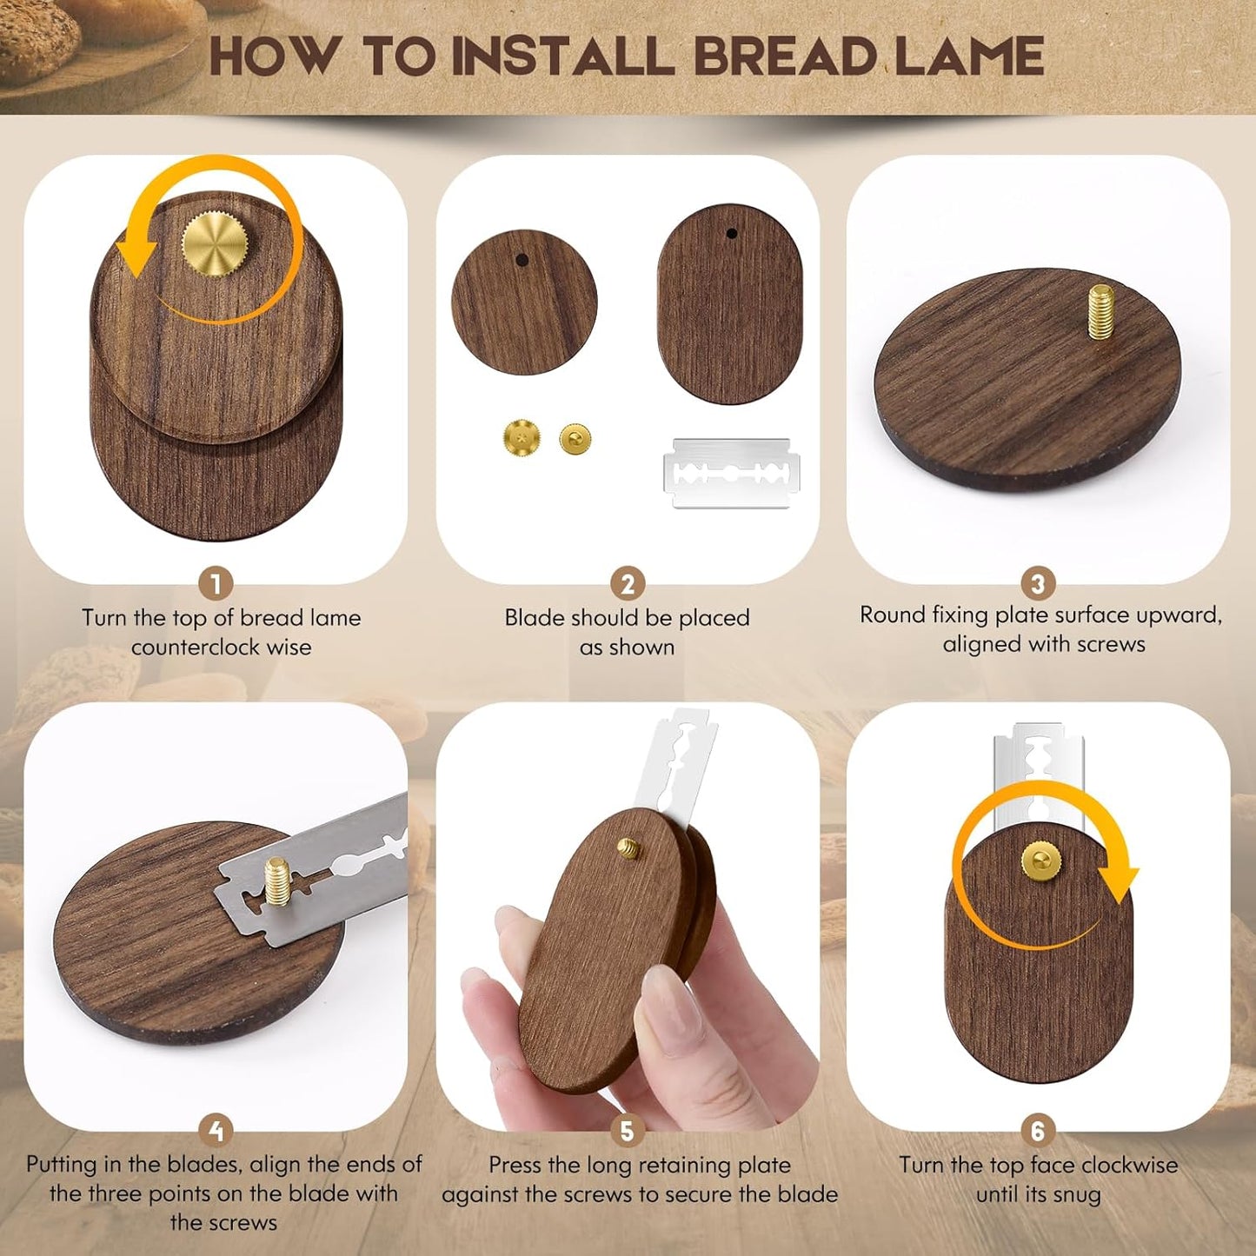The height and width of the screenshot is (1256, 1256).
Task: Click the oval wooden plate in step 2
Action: click(x=730, y=303)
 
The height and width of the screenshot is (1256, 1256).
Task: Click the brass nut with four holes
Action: click(x=521, y=437)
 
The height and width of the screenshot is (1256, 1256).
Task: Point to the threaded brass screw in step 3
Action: click(x=1101, y=311)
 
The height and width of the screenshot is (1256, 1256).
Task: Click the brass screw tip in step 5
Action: click(x=628, y=847)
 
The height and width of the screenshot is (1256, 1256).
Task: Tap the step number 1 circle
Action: click(x=216, y=583)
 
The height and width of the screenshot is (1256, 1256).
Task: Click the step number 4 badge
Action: click(x=216, y=1131)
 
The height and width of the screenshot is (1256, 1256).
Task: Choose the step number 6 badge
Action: click(x=1037, y=1131)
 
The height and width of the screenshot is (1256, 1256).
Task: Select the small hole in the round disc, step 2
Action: click(x=522, y=259)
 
